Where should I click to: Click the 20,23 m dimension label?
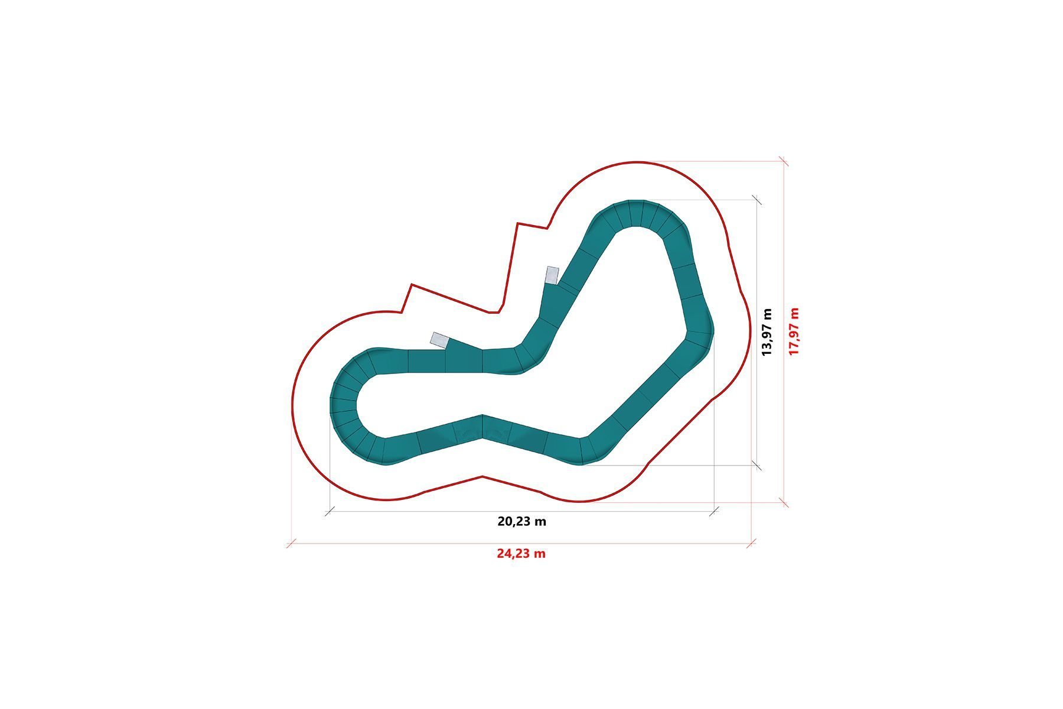(521, 522)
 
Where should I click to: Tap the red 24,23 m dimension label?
(521, 554)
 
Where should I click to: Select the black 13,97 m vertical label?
(767, 331)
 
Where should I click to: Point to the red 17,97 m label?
(794, 331)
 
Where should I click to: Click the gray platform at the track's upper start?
(552, 275)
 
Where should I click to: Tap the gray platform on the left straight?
(440, 340)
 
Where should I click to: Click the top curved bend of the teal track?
(641, 216)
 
